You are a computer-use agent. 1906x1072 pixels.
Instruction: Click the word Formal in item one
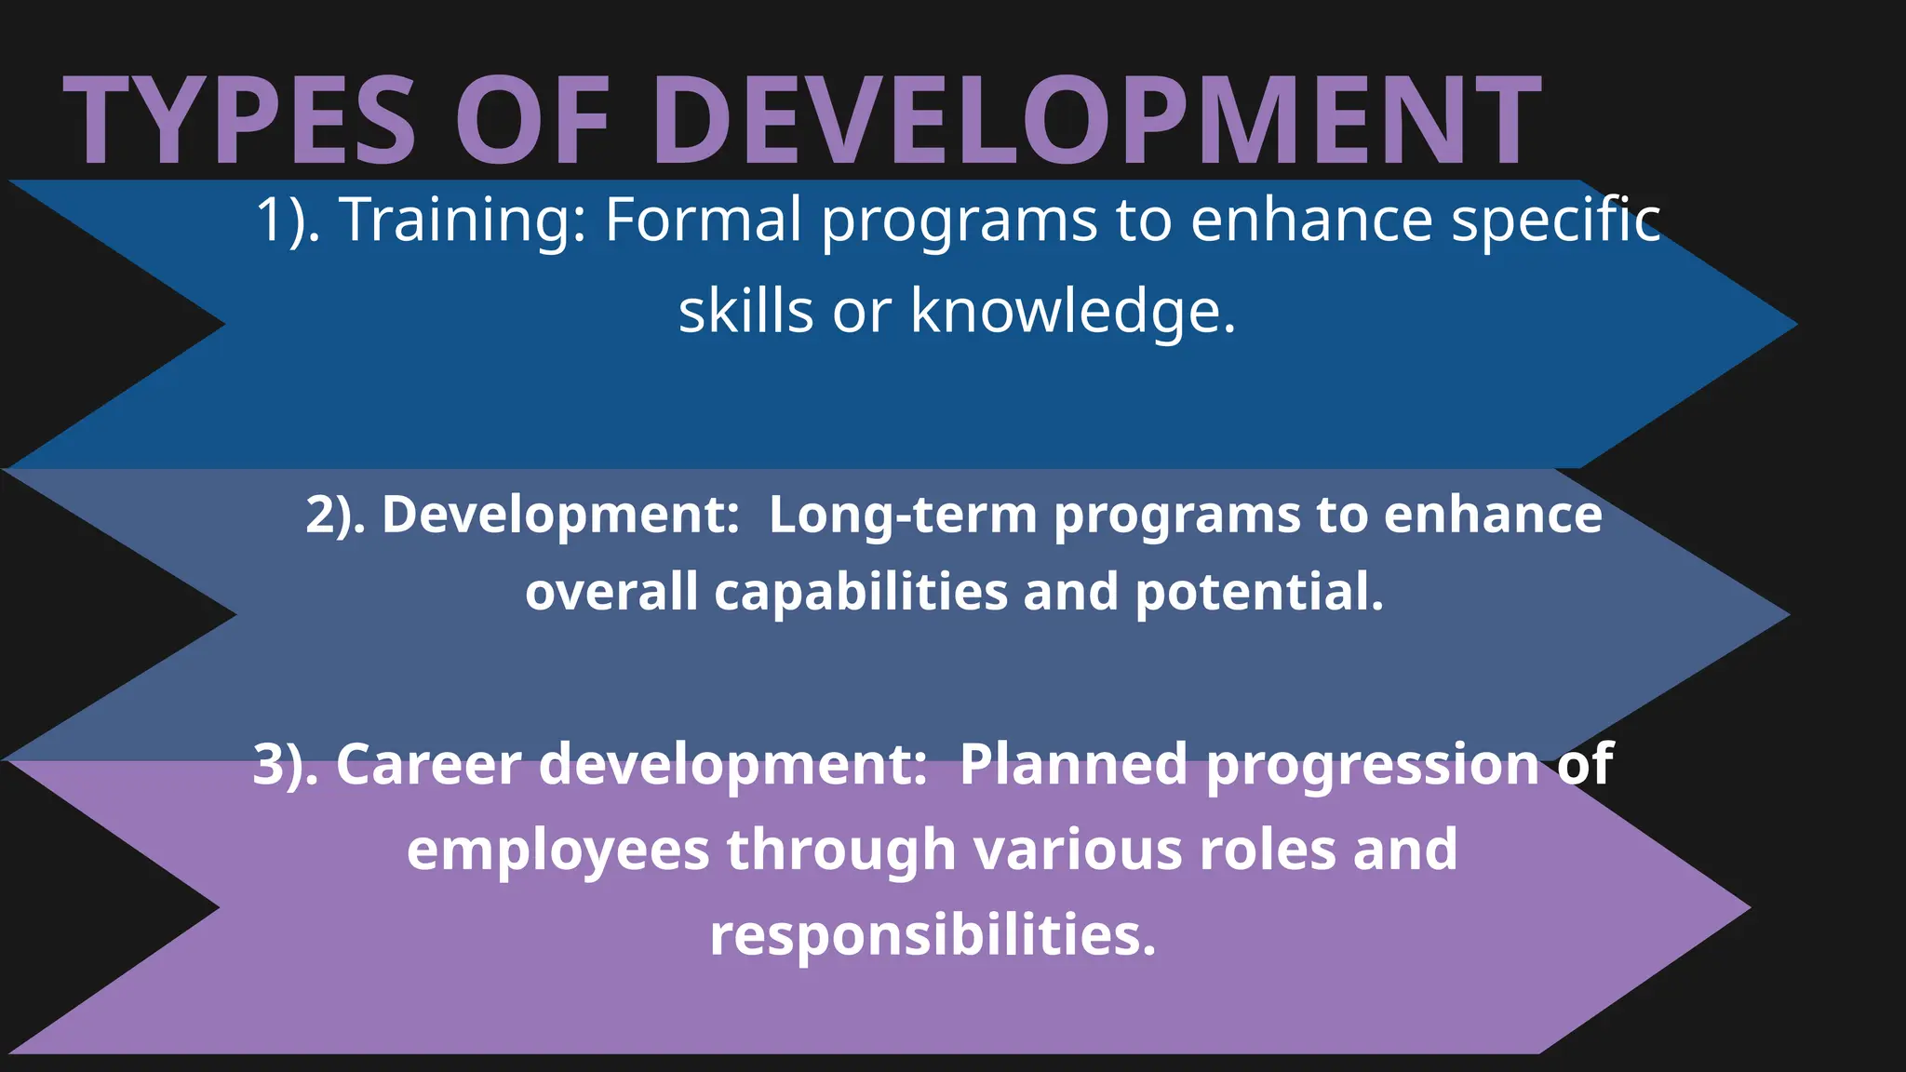[703, 221]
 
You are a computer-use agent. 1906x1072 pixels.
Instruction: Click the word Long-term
[903, 516]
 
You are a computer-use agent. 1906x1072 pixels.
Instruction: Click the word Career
[428, 765]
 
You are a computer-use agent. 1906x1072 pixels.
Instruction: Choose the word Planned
[1073, 765]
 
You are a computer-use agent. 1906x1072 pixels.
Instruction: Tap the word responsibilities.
[933, 936]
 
